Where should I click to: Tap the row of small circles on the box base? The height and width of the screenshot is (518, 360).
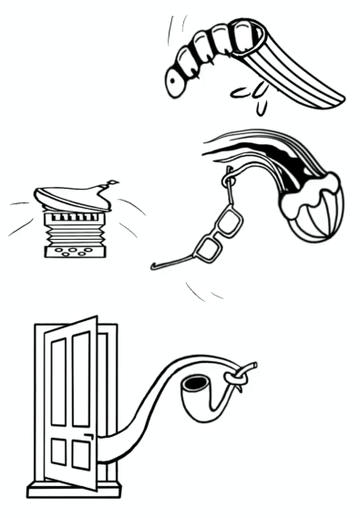tap(77, 251)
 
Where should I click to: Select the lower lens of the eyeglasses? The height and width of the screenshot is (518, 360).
tap(210, 249)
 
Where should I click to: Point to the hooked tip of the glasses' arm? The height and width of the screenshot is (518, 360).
tap(155, 267)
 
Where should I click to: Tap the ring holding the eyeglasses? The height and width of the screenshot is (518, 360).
tap(229, 178)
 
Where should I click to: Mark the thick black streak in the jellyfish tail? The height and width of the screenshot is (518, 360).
tap(264, 155)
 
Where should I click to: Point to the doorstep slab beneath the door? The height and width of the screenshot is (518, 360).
tap(73, 490)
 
